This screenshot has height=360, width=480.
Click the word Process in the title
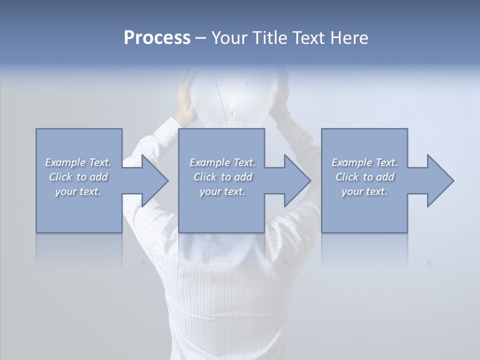157,38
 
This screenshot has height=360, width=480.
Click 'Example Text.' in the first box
78,162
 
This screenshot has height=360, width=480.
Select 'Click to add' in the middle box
222,177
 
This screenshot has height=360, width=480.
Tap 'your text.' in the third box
364,191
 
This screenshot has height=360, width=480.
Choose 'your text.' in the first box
78,191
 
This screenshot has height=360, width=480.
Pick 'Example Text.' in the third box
364,162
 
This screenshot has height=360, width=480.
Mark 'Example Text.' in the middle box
222,162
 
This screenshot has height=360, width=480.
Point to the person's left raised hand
187,92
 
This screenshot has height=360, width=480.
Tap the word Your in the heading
228,38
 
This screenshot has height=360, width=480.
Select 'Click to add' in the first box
78,177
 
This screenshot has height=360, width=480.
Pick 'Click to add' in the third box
364,177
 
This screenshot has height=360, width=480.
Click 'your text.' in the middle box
222,191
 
